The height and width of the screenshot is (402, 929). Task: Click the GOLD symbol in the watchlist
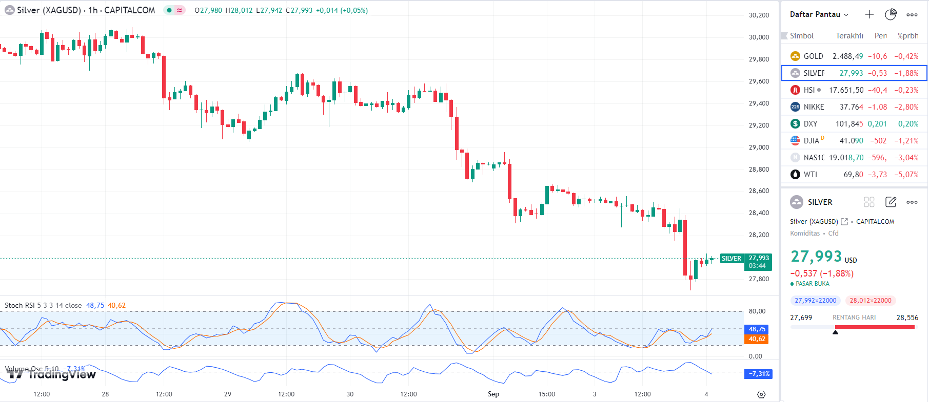(x=813, y=56)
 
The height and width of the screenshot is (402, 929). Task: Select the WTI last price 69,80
(x=853, y=175)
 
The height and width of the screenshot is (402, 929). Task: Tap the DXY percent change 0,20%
(x=908, y=124)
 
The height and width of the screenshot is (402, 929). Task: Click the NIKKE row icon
(x=795, y=107)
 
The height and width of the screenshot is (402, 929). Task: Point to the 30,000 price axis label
(x=759, y=37)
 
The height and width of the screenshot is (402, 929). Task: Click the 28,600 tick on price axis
(x=759, y=191)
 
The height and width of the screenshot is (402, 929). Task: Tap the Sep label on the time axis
(x=493, y=394)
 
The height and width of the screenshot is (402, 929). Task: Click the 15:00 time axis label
(x=547, y=394)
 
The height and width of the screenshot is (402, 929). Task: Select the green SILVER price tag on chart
(x=732, y=259)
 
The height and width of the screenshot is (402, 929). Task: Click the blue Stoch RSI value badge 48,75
(x=757, y=329)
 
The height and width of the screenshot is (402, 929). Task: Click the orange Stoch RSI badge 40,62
(x=757, y=339)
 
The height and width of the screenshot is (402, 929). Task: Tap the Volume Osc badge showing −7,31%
(x=758, y=374)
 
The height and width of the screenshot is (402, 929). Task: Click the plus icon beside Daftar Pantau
(x=869, y=14)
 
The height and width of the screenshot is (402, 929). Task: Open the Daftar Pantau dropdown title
(x=819, y=14)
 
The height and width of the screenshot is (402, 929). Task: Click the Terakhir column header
(x=849, y=36)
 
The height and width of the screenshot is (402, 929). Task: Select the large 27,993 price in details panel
(x=816, y=256)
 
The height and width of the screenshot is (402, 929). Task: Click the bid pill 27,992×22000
(x=815, y=301)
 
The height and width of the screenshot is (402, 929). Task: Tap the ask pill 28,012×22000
(x=871, y=301)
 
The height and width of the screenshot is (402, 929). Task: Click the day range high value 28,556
(x=907, y=318)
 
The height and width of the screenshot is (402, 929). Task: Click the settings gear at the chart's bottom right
(x=761, y=394)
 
